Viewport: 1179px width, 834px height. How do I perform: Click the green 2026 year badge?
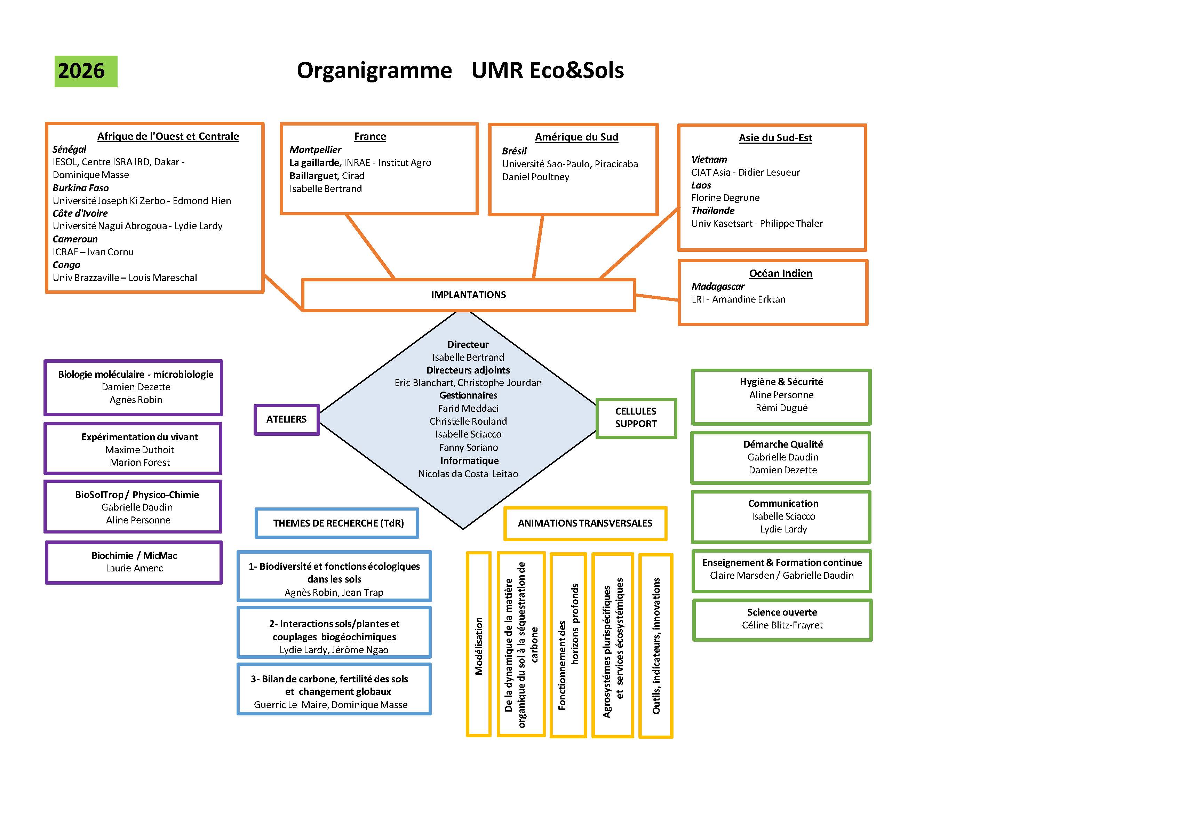tap(86, 71)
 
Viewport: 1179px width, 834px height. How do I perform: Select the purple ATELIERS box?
tap(287, 419)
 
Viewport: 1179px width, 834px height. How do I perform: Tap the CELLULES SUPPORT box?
tap(636, 418)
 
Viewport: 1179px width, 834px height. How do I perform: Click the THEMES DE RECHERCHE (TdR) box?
tap(337, 523)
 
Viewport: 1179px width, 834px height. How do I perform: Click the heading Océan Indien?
tap(780, 273)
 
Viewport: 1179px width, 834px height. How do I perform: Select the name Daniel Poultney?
tap(535, 177)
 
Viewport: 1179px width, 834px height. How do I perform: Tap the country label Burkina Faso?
tap(81, 188)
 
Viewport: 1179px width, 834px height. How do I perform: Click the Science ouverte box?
tap(782, 619)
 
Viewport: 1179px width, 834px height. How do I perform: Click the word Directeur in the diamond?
tap(468, 345)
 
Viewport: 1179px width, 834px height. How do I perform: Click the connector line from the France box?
tap(370, 247)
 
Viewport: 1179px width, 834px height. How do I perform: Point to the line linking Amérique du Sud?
tap(538, 247)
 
